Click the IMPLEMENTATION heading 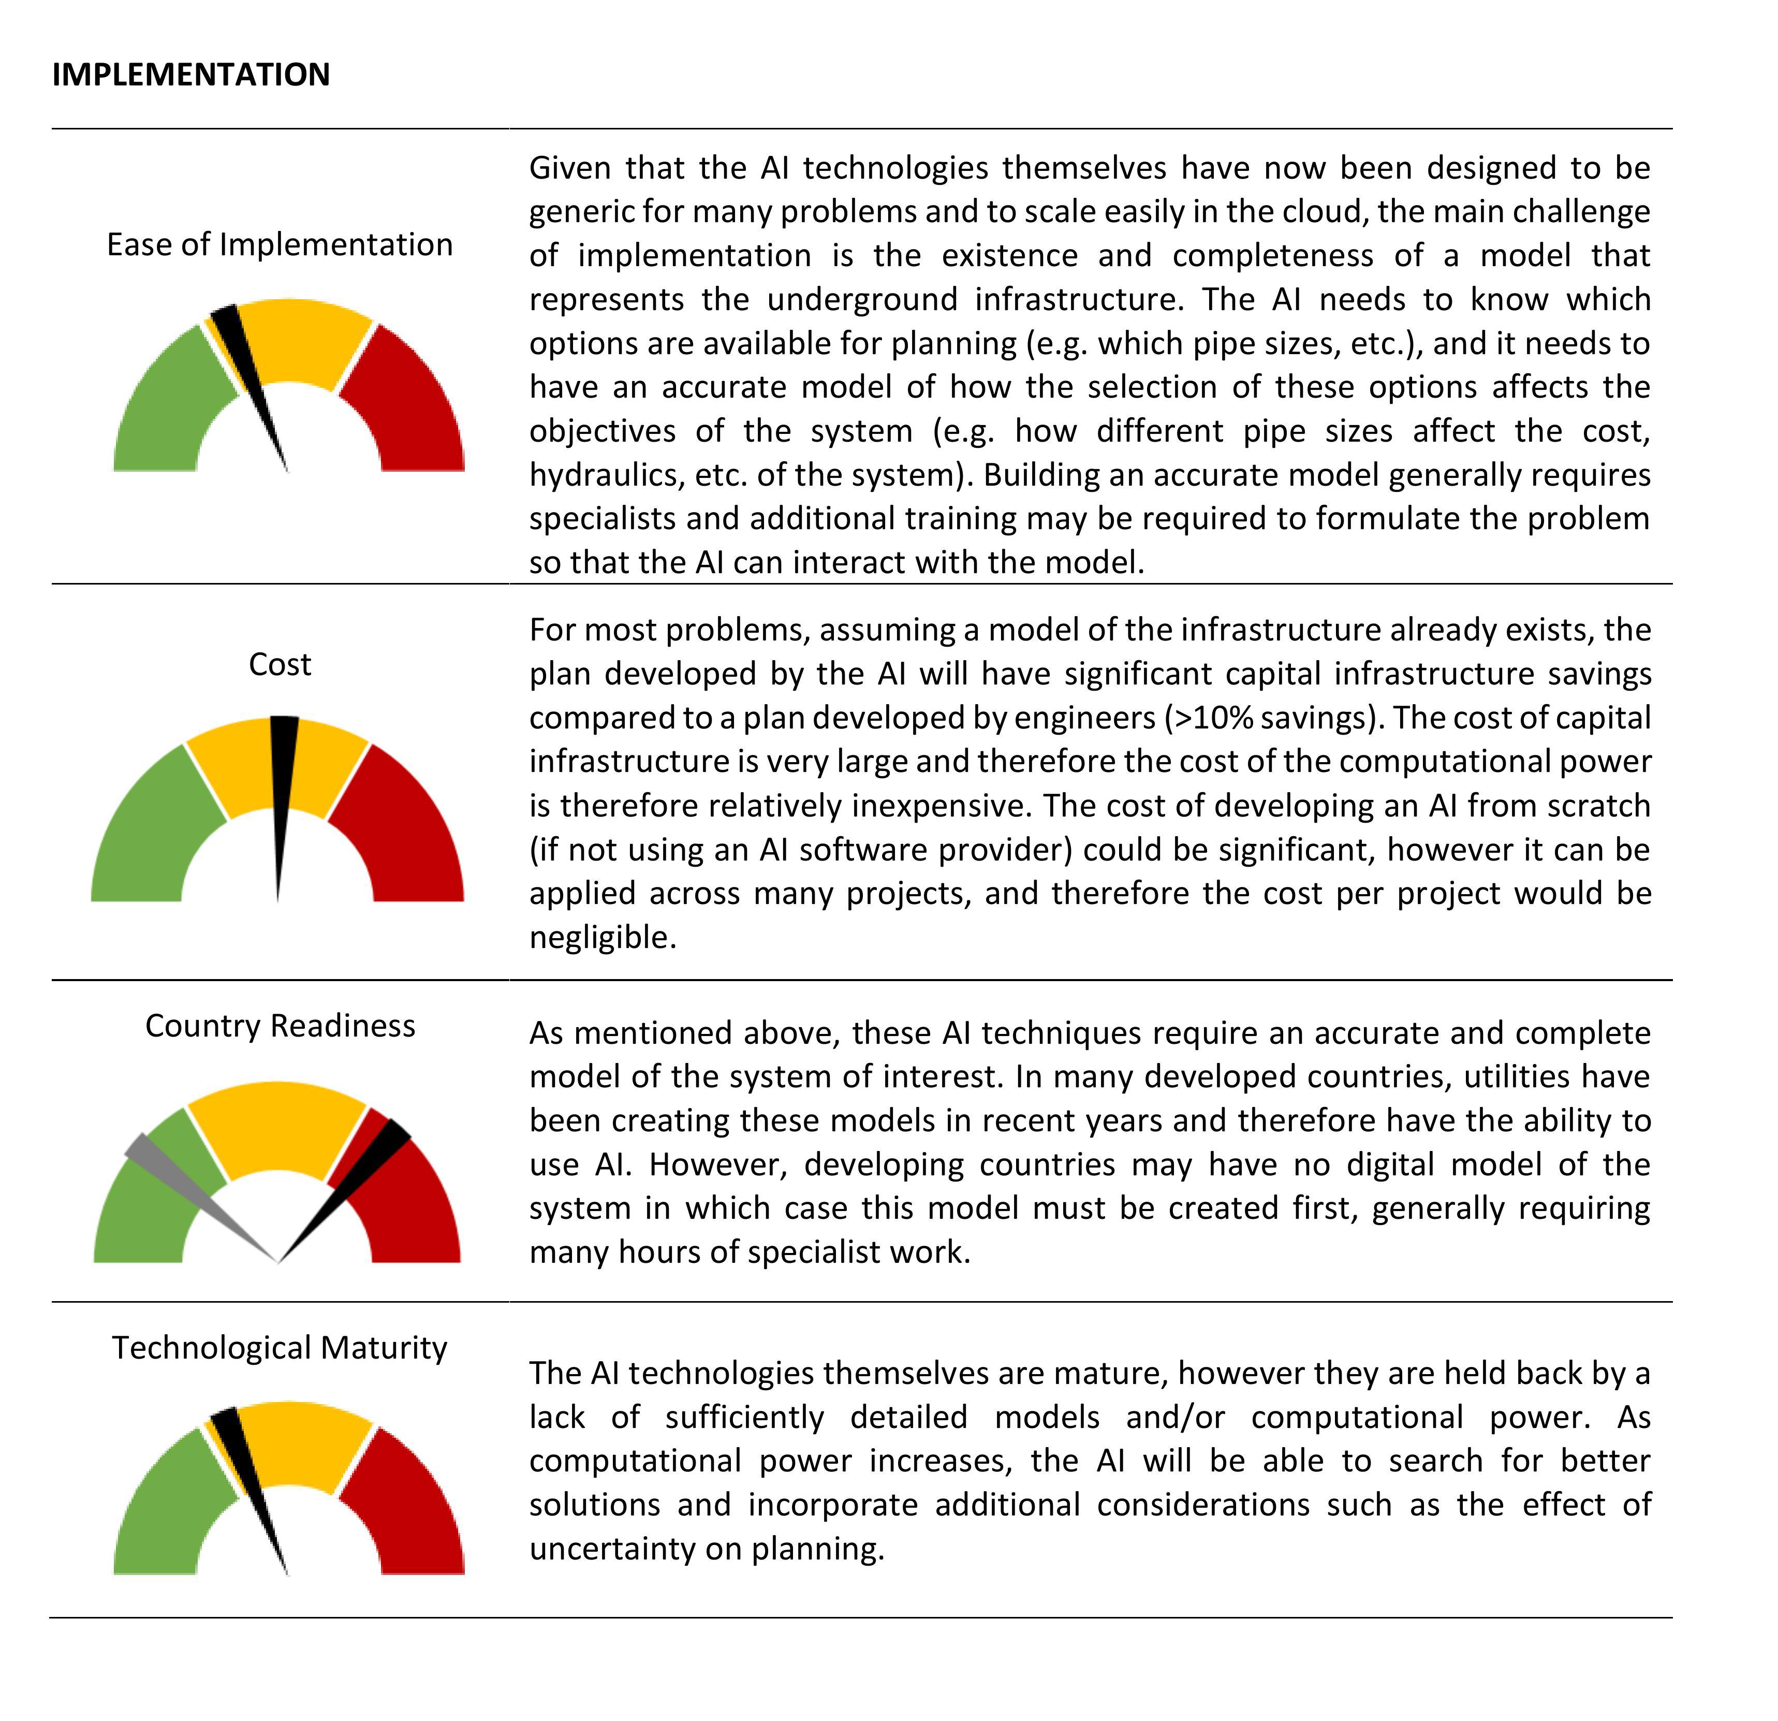(190, 75)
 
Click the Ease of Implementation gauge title (280, 245)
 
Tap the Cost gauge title (280, 665)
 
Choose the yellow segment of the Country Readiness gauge (277, 1125)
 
